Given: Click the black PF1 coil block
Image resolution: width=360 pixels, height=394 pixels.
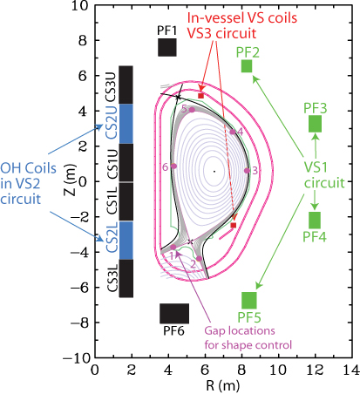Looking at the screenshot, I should click(x=167, y=47).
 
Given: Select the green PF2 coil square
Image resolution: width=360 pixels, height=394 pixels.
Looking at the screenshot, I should click(x=247, y=66).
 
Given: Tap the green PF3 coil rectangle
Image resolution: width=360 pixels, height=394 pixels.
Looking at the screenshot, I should click(x=315, y=123).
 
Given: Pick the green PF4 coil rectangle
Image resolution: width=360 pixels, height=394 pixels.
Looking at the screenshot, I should click(x=315, y=220).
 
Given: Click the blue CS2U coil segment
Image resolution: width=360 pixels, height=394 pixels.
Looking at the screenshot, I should click(x=126, y=123).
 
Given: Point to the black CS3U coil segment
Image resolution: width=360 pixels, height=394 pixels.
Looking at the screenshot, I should click(x=126, y=85).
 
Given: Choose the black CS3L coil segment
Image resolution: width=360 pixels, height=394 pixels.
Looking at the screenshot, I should click(x=126, y=279).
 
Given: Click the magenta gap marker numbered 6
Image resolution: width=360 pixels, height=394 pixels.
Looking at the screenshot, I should click(x=174, y=166).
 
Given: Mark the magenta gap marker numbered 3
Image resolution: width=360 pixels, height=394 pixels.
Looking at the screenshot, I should click(x=247, y=171).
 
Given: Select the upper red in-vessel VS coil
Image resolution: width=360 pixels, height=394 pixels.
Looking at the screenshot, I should click(x=200, y=95).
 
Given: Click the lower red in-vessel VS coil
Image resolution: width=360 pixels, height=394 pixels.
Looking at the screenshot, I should click(x=233, y=226).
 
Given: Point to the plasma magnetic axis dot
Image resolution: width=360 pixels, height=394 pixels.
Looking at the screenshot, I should click(x=214, y=171).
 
